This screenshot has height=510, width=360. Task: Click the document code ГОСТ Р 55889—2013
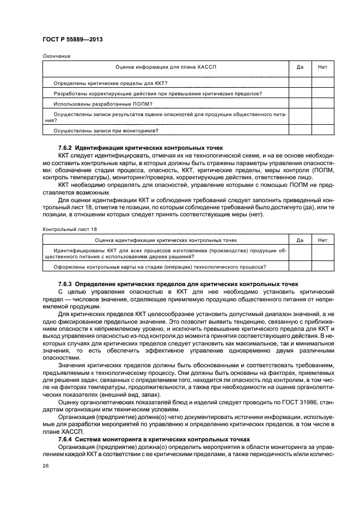coord(72,40)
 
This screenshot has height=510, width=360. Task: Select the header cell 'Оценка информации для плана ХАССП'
coord(166,67)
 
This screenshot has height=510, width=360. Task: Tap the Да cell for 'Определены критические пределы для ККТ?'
coord(300,83)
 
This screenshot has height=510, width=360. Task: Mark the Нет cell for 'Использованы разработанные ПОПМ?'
coord(322,104)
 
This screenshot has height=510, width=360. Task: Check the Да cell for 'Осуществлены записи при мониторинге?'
coord(300,130)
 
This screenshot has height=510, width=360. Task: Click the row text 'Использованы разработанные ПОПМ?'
coord(103,104)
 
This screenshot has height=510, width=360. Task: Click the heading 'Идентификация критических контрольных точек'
coord(149,148)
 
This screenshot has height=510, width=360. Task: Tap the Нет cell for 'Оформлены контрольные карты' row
coord(322,266)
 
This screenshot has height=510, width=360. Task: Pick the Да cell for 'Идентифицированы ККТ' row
coord(300,253)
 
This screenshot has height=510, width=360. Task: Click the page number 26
coord(46,466)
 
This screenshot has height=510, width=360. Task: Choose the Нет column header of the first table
coord(322,67)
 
